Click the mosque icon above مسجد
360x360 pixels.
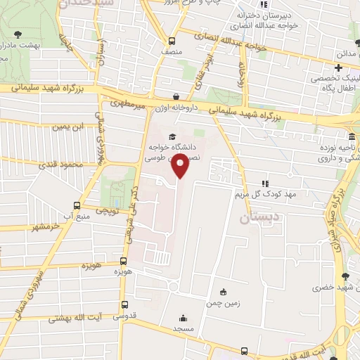184,317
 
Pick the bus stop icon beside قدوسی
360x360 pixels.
124,305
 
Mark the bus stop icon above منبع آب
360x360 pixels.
77,205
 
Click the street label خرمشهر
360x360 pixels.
37,227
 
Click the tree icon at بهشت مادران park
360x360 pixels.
18,34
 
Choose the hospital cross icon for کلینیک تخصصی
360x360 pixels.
339,68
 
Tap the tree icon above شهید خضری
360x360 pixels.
344,277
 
